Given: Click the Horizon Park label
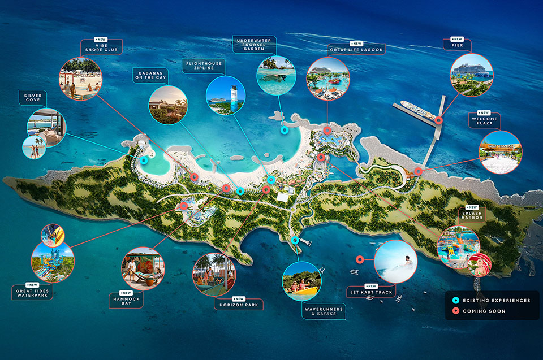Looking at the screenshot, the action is coord(238,304).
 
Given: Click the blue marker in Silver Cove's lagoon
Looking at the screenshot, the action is coord(144,160).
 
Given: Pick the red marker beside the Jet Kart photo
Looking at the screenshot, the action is coord(360,259).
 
